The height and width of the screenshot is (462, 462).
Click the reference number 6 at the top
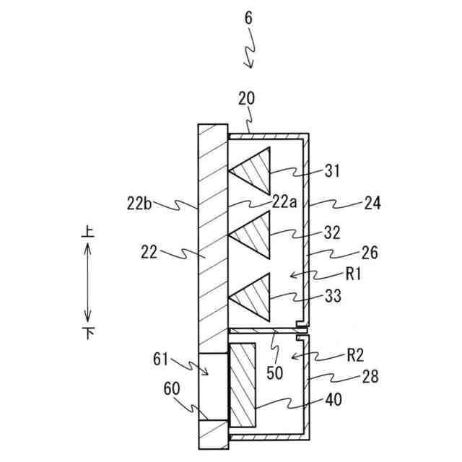(x=248, y=19)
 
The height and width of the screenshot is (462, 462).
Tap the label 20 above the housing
(x=247, y=117)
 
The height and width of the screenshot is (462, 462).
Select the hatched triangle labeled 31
(x=255, y=170)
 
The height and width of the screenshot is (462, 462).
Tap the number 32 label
(x=332, y=233)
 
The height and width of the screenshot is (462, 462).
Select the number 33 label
(x=332, y=295)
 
